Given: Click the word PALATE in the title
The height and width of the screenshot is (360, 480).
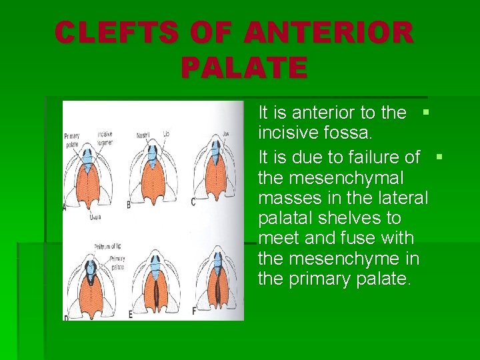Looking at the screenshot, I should coord(243,67).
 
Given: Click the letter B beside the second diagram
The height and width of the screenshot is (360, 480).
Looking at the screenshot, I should coord(128,203).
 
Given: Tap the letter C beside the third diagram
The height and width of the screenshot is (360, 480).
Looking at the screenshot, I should coord(193,201).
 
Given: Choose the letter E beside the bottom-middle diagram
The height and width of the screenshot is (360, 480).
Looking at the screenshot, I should coord(130,313).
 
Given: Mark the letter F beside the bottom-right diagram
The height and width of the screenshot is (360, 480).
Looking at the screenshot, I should coord(194,311).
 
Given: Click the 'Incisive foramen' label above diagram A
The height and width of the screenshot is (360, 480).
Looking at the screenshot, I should coord(104,137).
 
